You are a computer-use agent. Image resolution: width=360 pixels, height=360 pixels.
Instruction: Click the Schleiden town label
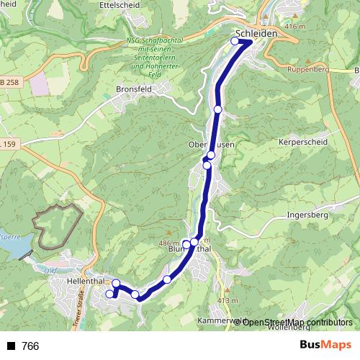(251, 33)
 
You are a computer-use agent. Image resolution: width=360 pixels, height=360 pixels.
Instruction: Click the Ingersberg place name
(307, 215)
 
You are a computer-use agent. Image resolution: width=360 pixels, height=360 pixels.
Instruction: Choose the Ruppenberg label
(308, 71)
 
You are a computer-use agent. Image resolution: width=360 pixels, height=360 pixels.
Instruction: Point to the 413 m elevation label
(228, 300)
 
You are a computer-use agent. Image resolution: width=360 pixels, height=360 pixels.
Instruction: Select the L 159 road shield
(7, 144)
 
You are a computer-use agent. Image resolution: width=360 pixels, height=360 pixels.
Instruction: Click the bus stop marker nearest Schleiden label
(235, 41)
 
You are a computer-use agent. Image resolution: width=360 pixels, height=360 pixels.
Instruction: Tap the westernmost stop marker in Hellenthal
(110, 294)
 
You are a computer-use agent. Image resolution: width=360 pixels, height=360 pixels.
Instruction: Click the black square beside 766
(11, 346)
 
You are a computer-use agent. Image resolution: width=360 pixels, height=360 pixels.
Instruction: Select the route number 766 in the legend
(30, 346)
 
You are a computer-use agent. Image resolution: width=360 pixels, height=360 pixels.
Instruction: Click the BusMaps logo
(325, 346)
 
